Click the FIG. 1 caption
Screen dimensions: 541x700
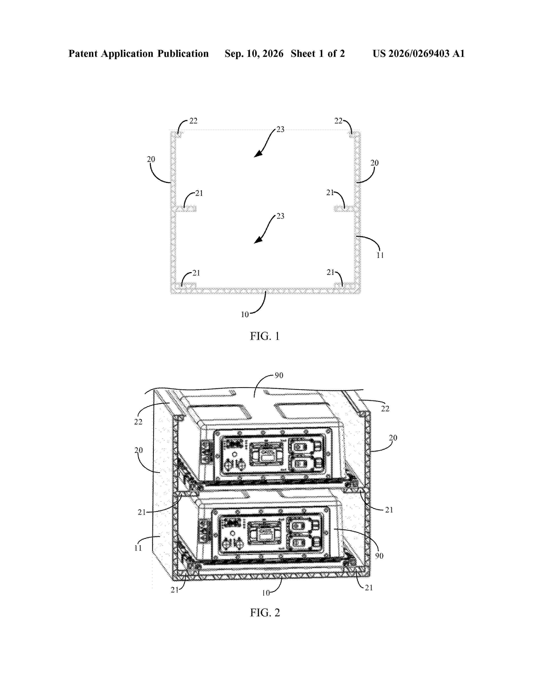(x=265, y=336)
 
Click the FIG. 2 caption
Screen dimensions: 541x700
(x=265, y=613)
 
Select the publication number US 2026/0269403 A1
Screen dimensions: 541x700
(x=419, y=53)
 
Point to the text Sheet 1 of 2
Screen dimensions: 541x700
(x=318, y=53)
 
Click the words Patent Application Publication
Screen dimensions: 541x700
(x=139, y=53)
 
